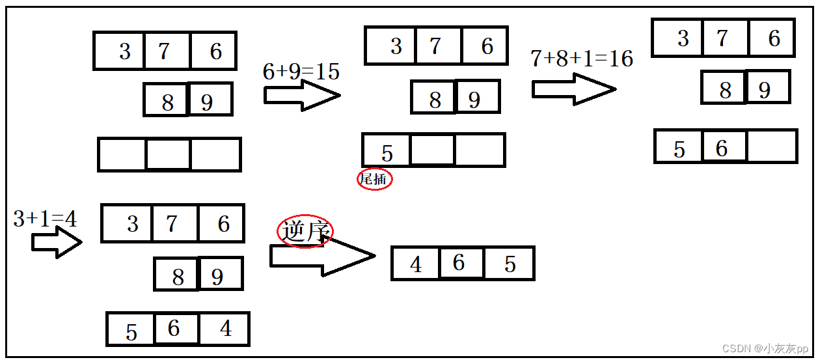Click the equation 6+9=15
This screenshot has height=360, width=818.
[301, 72]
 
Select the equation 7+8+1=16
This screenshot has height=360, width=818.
[581, 59]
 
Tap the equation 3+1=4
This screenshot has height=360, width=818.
[45, 219]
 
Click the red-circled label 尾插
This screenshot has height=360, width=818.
[374, 179]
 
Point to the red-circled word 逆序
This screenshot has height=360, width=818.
[305, 231]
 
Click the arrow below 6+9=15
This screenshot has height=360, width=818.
[301, 96]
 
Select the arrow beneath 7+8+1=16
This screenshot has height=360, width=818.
[573, 89]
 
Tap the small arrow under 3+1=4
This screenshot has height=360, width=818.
[56, 243]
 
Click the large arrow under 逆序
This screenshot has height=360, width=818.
[321, 256]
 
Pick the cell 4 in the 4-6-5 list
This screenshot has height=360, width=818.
[415, 264]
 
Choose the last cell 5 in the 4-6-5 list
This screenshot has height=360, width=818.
[510, 264]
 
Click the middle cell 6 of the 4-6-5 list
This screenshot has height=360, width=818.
[461, 263]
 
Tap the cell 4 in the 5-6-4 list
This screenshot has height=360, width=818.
[225, 329]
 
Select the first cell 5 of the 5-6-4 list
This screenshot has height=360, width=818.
[131, 330]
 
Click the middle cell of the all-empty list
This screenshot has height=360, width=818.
[168, 154]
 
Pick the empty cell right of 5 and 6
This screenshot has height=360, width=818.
[772, 146]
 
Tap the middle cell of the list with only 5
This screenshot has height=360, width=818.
[432, 150]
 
